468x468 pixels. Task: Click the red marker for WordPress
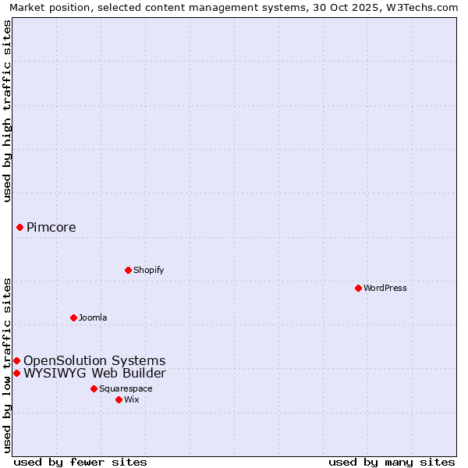tap(358, 288)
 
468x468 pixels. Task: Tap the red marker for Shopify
tap(128, 270)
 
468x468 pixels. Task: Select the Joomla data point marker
tap(73, 317)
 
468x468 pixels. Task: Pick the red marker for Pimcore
tap(19, 227)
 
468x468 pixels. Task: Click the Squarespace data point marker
tap(94, 388)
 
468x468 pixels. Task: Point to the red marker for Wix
tap(119, 399)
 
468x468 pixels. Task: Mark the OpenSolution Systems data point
tap(16, 360)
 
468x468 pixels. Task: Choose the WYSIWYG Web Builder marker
tap(16, 373)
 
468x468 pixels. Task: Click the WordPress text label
tap(385, 288)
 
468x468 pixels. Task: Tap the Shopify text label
tap(148, 270)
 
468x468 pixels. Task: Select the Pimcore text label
tap(51, 228)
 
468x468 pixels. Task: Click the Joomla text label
tap(93, 317)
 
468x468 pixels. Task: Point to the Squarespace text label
tap(126, 388)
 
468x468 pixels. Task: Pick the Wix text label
tap(132, 399)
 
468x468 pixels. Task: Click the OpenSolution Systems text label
tap(94, 360)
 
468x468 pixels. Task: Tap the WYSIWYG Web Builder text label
tap(94, 373)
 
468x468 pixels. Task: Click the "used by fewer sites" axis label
tap(80, 462)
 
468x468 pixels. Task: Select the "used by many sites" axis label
tap(392, 462)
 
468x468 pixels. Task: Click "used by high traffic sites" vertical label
tap(8, 112)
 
